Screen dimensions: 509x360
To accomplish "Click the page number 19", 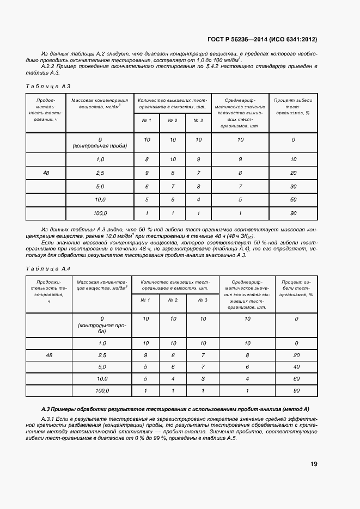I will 314,464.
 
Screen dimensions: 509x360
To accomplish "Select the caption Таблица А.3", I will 48,87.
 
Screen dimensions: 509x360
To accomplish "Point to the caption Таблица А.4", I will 48,269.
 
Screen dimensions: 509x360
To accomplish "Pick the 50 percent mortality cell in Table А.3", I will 293,200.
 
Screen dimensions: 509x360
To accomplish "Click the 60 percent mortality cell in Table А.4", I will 296,378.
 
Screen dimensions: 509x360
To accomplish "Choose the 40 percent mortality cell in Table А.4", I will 296,367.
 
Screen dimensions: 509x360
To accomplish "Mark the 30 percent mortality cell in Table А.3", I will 293,186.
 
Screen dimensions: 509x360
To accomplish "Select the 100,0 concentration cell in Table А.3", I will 100,213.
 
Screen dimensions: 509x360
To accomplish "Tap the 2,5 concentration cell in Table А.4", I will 102,355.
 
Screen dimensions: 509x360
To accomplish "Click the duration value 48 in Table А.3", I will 46,173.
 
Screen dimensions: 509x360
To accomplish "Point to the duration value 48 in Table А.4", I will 50,355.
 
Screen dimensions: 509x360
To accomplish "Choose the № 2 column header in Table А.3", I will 173,120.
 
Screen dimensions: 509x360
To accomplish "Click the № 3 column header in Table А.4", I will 203,300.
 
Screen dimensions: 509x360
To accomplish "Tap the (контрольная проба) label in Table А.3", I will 100,146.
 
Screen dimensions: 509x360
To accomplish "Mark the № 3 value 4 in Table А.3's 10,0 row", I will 198,200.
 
